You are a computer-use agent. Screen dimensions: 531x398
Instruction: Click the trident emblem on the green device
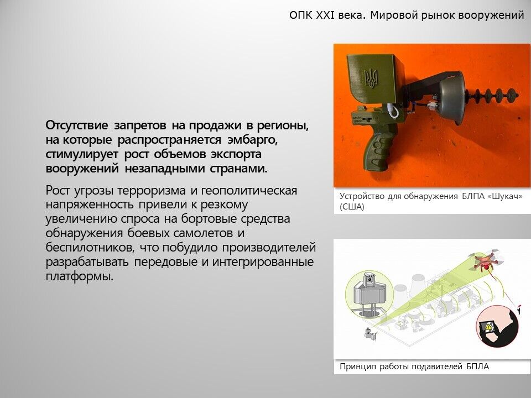[371, 78]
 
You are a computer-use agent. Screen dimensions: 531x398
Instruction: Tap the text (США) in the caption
[352, 207]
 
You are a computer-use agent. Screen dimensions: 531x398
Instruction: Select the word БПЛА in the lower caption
[477, 366]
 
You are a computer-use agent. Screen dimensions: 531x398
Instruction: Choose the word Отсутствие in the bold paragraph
[77, 125]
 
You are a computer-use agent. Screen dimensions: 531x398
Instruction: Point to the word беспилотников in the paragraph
[88, 248]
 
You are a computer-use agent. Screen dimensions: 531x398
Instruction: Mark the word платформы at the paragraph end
[79, 276]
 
